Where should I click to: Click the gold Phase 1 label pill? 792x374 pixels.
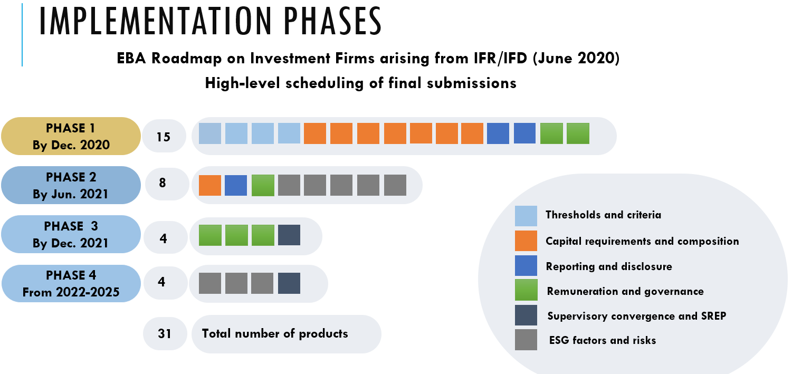[x=71, y=136]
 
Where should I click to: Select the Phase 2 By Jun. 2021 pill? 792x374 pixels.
[x=71, y=185]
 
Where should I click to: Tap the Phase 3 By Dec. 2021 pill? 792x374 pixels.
[x=71, y=234]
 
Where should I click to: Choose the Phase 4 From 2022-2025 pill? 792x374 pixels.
[x=71, y=283]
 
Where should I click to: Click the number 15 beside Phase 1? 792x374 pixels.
[x=164, y=137]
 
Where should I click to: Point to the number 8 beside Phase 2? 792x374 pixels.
[x=163, y=183]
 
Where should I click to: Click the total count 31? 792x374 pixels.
[x=165, y=334]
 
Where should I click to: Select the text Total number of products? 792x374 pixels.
[x=275, y=333]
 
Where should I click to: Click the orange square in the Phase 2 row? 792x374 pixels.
[x=210, y=185]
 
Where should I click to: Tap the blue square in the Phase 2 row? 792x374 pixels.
[x=236, y=185]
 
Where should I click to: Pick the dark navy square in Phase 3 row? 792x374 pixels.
[x=289, y=235]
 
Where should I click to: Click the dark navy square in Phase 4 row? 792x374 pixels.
[x=289, y=283]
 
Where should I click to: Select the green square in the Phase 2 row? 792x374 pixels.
[x=263, y=185]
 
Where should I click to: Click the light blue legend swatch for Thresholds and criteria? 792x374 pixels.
[x=526, y=216]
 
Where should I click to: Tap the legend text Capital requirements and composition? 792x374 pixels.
[x=642, y=241]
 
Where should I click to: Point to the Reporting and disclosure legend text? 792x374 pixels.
[x=609, y=266]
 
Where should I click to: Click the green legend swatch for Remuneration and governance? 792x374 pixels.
[x=526, y=290]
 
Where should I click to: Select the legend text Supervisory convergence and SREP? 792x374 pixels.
[x=637, y=315]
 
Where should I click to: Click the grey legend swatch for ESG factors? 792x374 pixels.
[x=526, y=340]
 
